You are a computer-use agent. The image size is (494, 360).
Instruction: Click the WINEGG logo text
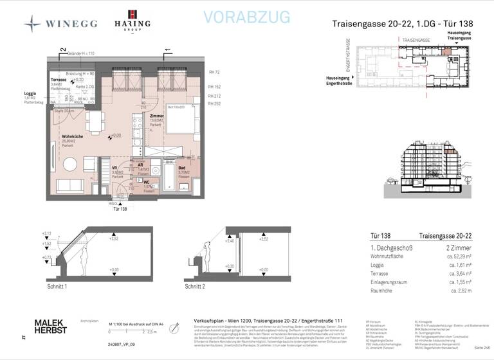71,24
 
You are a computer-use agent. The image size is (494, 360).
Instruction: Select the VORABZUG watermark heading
246,17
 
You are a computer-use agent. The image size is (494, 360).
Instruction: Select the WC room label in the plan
147,183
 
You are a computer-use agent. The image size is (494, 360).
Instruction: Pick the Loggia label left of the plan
30,94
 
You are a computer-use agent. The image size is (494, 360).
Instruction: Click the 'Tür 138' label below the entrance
120,209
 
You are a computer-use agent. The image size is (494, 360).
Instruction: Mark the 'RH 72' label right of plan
214,73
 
